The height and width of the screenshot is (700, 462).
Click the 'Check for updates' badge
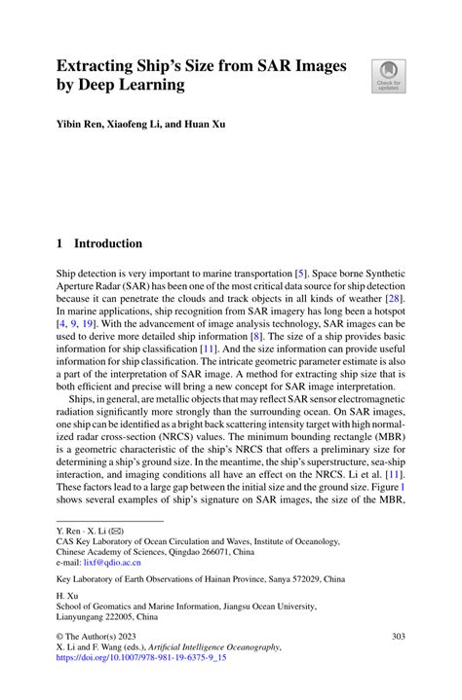point(388,76)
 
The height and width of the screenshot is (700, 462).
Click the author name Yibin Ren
point(82,125)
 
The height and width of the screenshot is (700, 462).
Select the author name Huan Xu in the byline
point(203,125)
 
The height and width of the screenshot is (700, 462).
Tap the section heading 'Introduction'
point(109,243)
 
